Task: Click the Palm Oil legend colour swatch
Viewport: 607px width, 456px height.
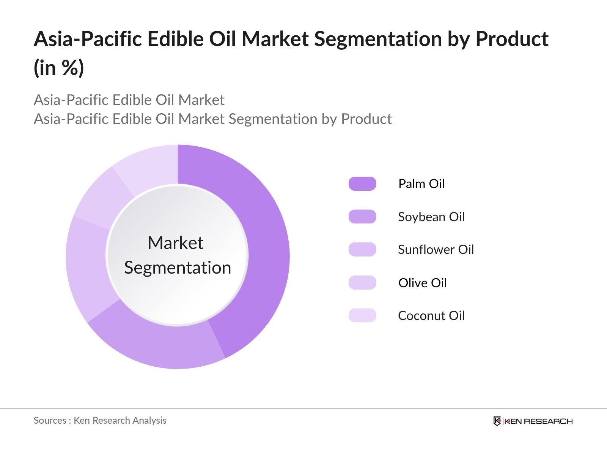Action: click(362, 184)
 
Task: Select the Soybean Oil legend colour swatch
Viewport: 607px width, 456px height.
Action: click(362, 217)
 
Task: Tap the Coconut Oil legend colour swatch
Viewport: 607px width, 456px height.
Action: click(362, 315)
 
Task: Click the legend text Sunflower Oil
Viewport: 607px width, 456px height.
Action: click(436, 250)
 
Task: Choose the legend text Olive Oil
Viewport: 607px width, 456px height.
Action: click(422, 283)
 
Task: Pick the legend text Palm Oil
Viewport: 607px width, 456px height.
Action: click(421, 184)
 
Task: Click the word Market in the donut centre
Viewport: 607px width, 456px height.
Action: click(175, 243)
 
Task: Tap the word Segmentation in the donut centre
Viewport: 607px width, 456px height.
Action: click(178, 268)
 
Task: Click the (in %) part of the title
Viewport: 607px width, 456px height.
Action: click(59, 68)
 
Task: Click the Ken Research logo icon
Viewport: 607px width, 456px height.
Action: click(497, 421)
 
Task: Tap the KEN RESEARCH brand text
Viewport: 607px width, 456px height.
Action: click(538, 421)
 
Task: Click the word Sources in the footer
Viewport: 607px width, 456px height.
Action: click(50, 420)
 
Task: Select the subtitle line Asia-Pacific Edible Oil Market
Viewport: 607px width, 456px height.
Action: click(129, 100)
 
